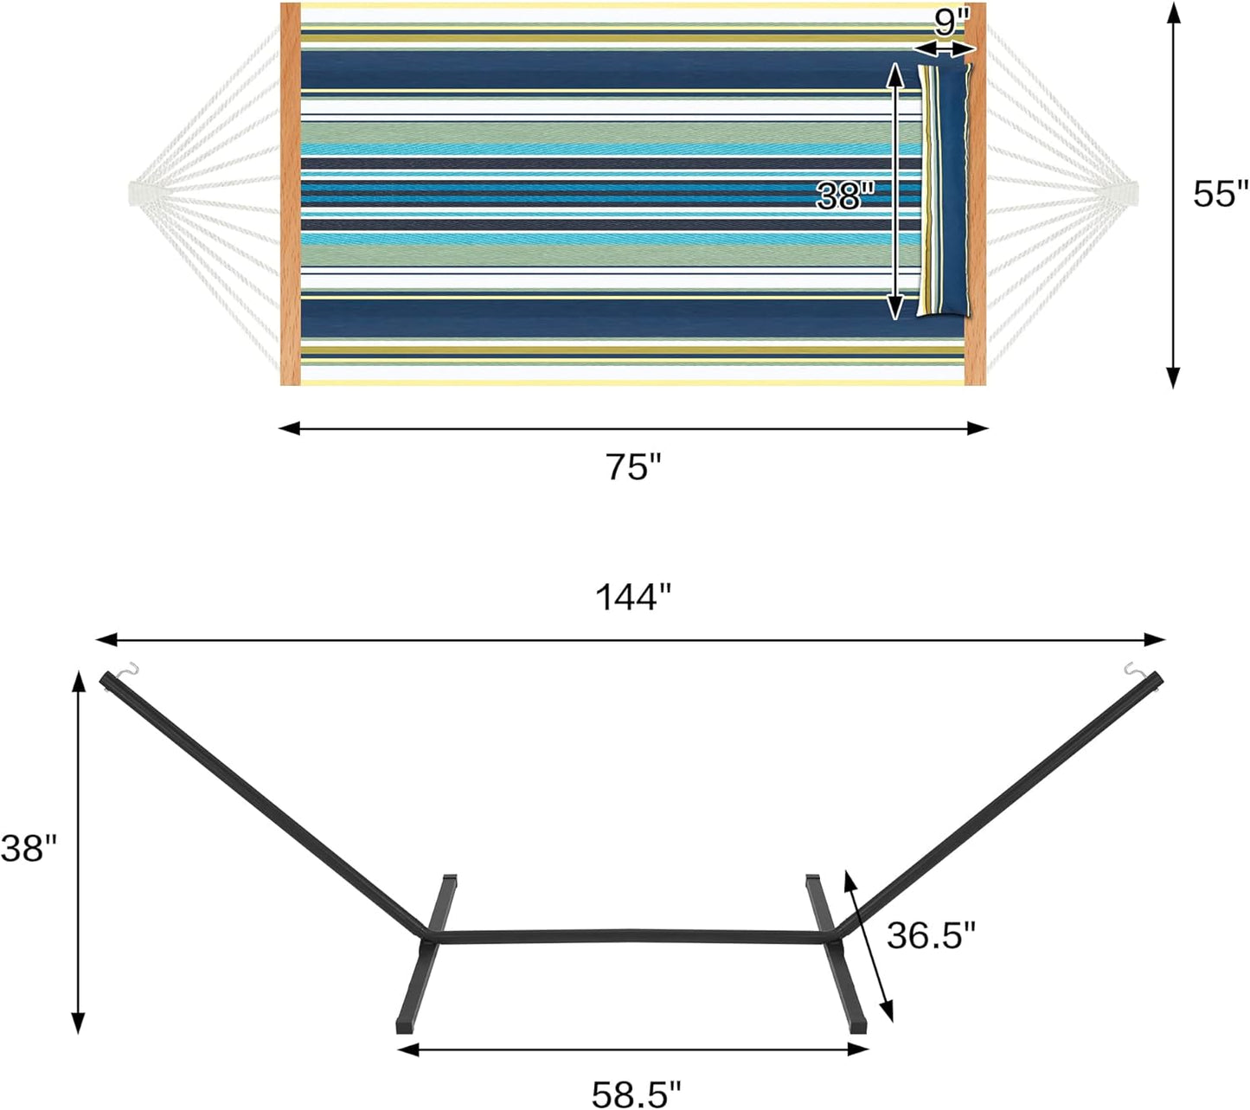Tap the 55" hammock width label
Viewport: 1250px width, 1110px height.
tap(1221, 194)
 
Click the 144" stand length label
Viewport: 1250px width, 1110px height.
tap(632, 597)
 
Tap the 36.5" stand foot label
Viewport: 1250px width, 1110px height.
tap(931, 935)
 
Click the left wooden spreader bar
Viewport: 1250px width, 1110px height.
tap(291, 194)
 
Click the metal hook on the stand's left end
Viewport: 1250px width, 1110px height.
tap(129, 670)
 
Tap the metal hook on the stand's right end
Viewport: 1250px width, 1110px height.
tap(1132, 669)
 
